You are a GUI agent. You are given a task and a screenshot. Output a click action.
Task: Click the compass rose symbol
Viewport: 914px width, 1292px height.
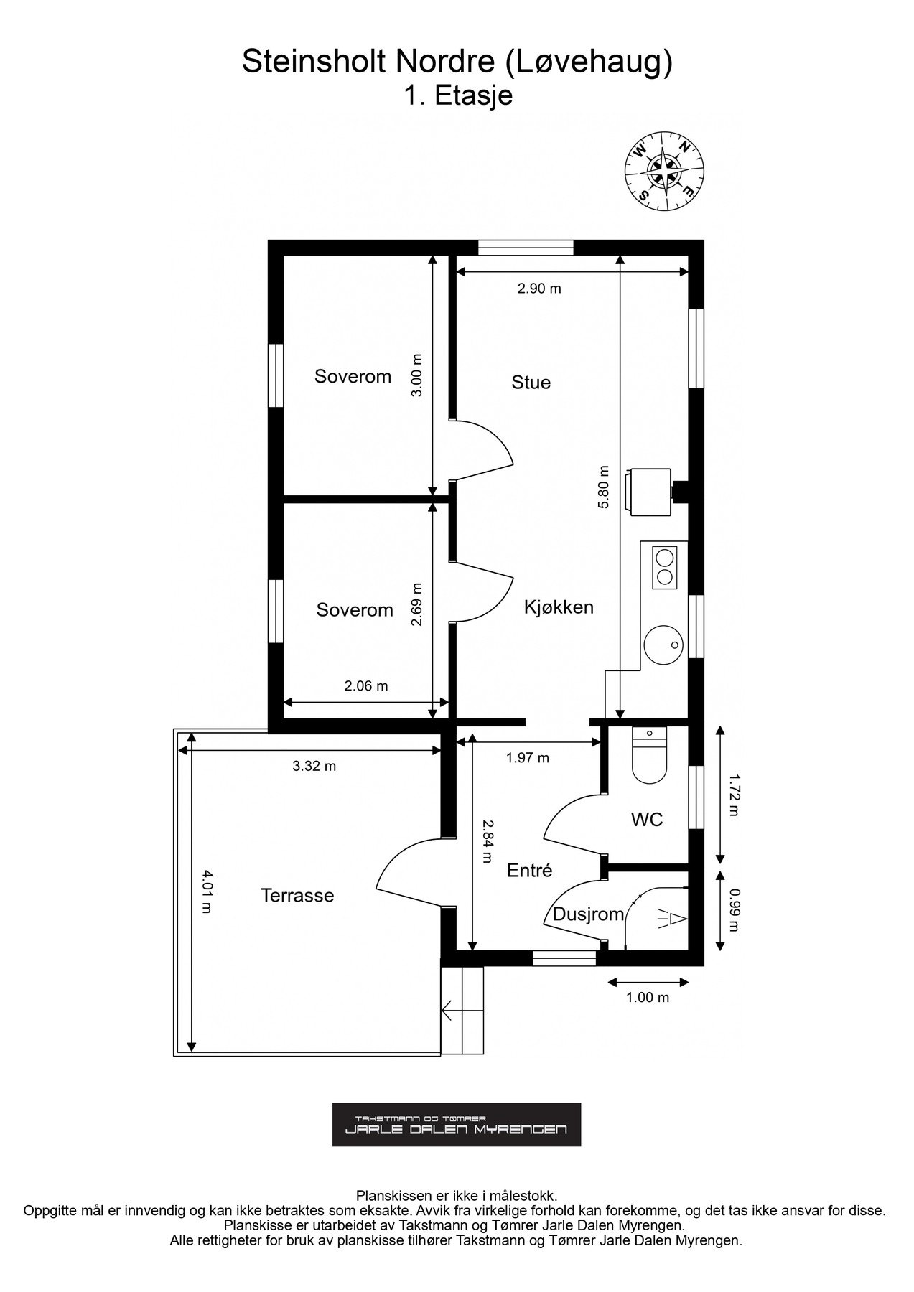(x=664, y=173)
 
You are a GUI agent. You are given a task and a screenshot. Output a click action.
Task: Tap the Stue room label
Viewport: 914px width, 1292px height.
(x=531, y=382)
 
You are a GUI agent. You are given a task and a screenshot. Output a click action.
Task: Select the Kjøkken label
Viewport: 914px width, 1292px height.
(x=559, y=607)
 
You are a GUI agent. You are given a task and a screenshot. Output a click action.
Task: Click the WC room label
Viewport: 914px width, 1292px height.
(x=647, y=819)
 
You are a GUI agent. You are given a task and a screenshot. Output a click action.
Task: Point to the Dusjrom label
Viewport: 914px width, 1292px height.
(x=588, y=914)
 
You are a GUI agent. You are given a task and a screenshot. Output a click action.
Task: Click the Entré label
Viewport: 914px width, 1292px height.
(x=529, y=870)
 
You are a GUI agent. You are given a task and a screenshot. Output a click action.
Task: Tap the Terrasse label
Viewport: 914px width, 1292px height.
(x=297, y=895)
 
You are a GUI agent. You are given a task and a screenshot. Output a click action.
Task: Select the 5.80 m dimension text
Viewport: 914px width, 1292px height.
(x=603, y=487)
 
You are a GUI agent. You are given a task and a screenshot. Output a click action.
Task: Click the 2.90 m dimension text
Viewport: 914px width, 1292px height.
(x=539, y=289)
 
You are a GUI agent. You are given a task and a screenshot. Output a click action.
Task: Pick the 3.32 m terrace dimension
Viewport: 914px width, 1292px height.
(x=314, y=766)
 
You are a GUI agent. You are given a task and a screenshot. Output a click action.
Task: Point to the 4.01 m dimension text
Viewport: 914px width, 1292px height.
(x=206, y=891)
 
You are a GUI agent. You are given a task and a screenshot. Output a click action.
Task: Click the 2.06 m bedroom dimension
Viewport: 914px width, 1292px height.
(x=365, y=685)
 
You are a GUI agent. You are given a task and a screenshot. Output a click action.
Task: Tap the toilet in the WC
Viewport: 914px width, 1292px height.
(x=649, y=754)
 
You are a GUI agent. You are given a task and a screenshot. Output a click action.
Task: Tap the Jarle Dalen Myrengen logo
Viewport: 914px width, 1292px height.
(x=456, y=1125)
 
